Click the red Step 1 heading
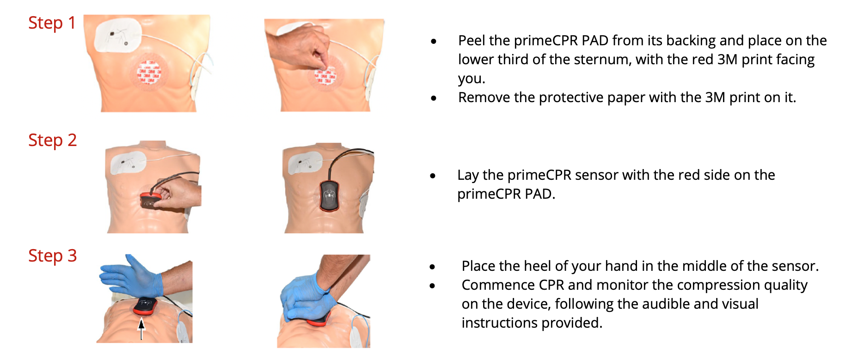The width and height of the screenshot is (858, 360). (x=52, y=23)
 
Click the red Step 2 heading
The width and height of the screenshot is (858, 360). (x=52, y=140)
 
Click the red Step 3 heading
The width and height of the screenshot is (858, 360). (x=52, y=256)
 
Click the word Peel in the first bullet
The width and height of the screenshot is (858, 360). (x=472, y=41)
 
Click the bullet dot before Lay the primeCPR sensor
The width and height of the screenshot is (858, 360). (x=433, y=176)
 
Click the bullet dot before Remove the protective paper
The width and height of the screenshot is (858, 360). (x=434, y=98)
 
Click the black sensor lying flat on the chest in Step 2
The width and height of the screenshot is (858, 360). (x=329, y=195)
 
